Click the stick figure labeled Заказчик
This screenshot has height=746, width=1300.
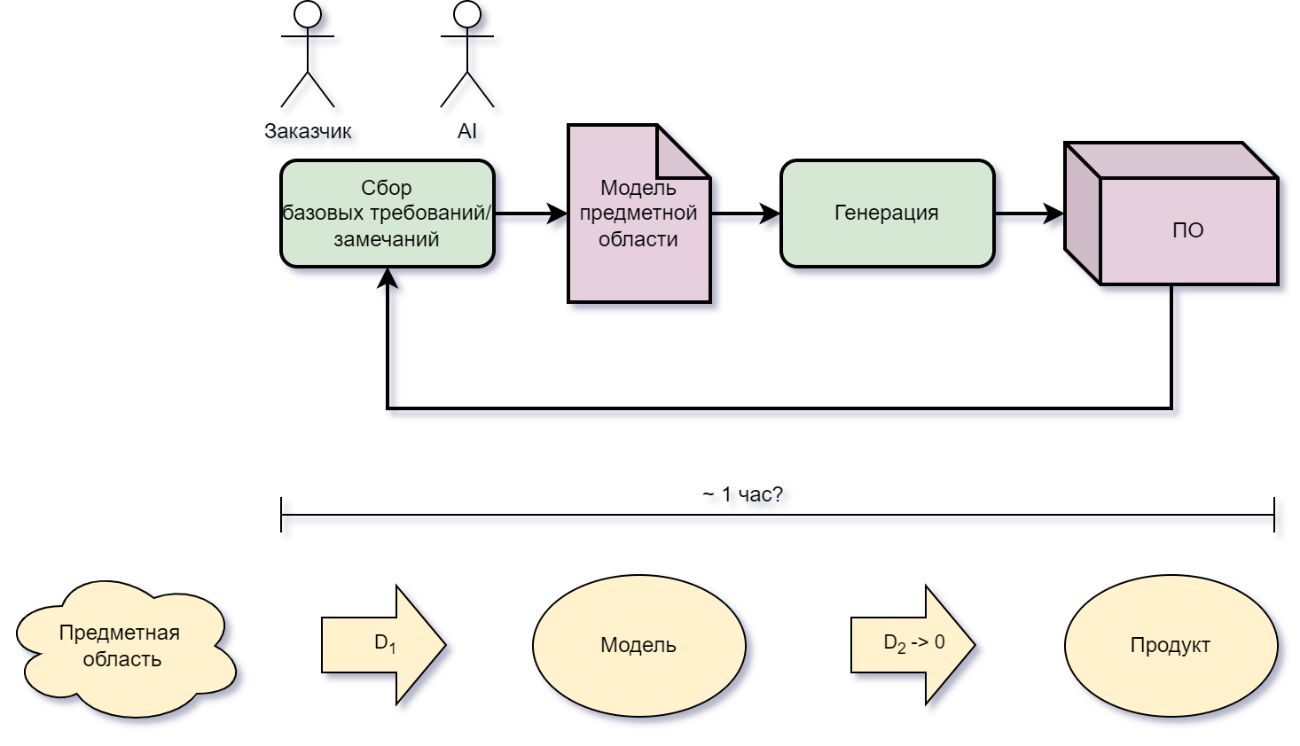308,53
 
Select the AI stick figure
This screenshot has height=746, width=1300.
467,53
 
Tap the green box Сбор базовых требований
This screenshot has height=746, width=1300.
388,214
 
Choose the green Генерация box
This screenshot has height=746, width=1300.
887,214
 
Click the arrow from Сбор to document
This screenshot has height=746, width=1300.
530,214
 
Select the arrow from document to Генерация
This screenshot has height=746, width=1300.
745,214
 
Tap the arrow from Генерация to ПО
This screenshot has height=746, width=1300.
1029,214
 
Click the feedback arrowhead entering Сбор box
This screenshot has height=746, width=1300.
388,278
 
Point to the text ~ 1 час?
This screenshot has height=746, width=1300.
743,494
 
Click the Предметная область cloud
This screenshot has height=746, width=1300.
121,647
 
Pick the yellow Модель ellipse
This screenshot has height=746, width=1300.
638,645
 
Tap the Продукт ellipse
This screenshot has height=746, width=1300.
1171,645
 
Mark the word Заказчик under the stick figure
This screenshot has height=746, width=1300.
308,131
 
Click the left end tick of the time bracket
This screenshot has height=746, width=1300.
281,515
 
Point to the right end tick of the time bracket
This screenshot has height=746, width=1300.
1274,515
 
